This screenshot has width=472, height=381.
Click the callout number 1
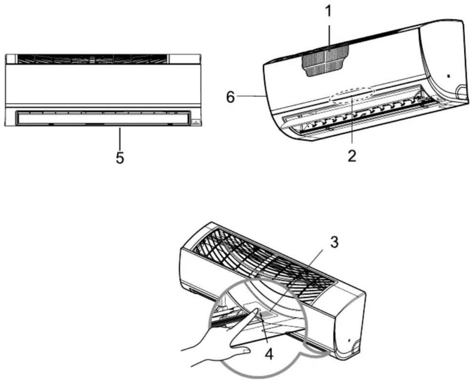[329, 11]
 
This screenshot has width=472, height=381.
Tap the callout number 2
[352, 155]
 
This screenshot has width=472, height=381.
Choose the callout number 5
[120, 158]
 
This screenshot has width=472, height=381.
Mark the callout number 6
[230, 97]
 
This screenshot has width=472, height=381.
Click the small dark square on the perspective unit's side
[449, 76]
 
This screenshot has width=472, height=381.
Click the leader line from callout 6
[251, 96]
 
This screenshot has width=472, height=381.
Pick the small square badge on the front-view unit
[196, 122]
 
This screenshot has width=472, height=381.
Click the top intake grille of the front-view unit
[93, 59]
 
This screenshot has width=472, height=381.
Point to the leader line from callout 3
[297, 279]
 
